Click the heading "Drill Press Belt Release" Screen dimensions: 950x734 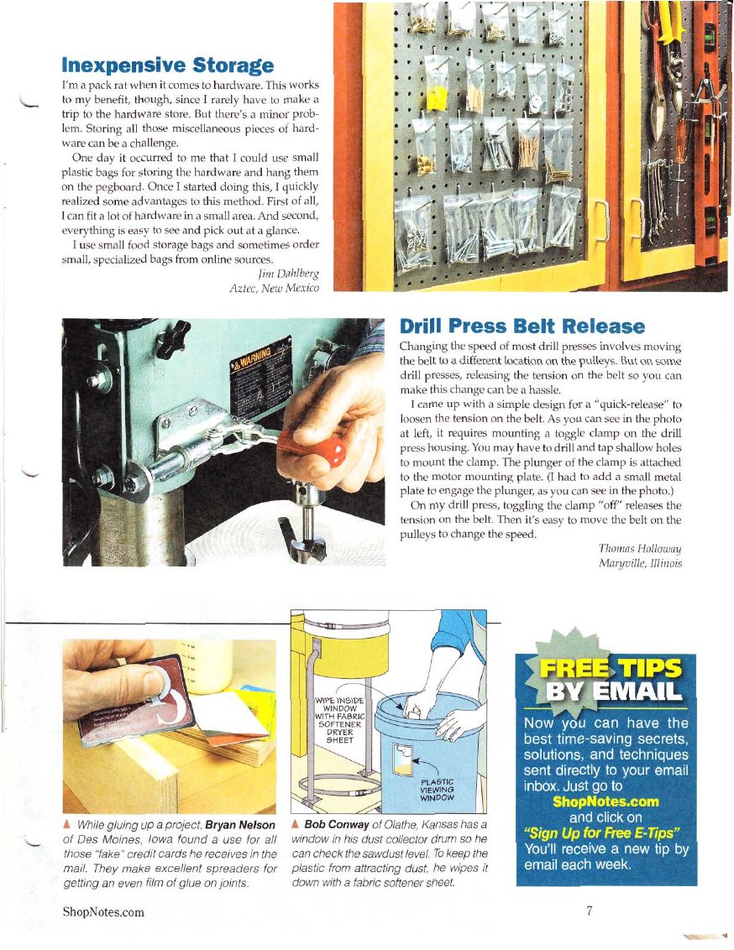tap(522, 326)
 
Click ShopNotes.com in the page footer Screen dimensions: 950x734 tap(103, 912)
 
